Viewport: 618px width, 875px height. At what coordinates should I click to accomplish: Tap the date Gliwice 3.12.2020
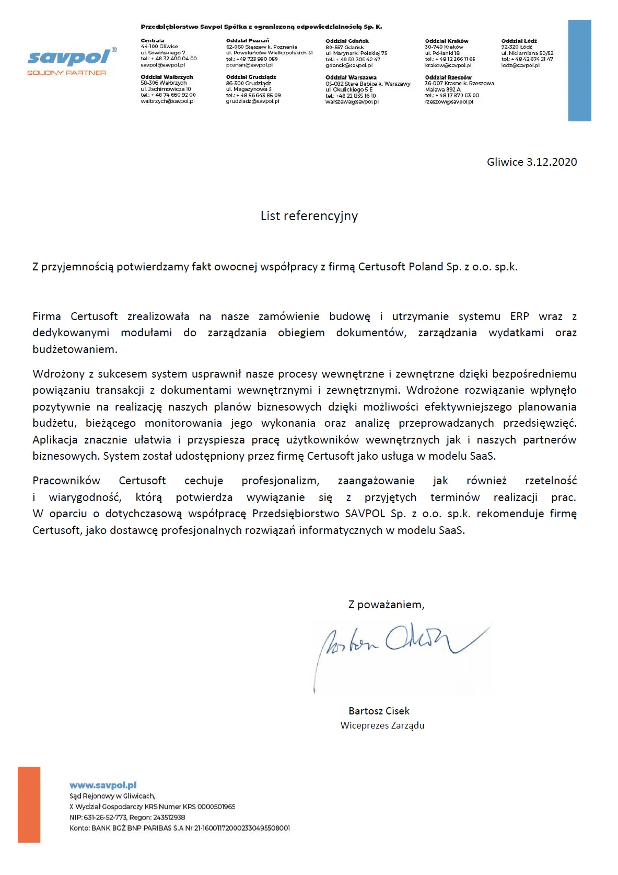(x=531, y=162)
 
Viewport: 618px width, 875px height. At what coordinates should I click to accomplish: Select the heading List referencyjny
(x=309, y=216)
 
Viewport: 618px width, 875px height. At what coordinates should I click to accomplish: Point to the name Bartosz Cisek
(x=379, y=711)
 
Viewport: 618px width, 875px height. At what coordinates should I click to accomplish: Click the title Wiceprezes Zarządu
(x=382, y=725)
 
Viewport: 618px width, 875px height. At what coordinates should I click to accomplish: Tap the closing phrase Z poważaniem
(x=386, y=605)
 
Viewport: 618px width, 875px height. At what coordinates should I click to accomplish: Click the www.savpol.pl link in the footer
(x=103, y=785)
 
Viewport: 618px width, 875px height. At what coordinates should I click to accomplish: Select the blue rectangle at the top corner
(x=579, y=71)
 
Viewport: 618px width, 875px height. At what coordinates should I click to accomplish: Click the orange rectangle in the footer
(x=29, y=804)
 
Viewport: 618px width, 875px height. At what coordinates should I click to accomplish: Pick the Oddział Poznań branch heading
(x=248, y=41)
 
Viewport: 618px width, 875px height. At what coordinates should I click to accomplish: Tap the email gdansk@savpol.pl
(x=348, y=65)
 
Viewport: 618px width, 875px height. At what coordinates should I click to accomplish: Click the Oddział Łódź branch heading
(x=519, y=41)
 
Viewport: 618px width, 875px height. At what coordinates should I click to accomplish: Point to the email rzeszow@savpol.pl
(x=449, y=102)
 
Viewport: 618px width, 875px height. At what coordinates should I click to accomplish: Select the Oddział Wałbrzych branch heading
(x=167, y=77)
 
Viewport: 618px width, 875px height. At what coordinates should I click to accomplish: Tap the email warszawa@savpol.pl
(x=352, y=102)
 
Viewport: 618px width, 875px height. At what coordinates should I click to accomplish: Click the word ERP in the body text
(x=519, y=316)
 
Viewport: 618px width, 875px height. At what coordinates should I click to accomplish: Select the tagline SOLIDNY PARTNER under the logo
(x=66, y=73)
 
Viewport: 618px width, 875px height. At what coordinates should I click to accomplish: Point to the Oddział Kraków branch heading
(x=446, y=41)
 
